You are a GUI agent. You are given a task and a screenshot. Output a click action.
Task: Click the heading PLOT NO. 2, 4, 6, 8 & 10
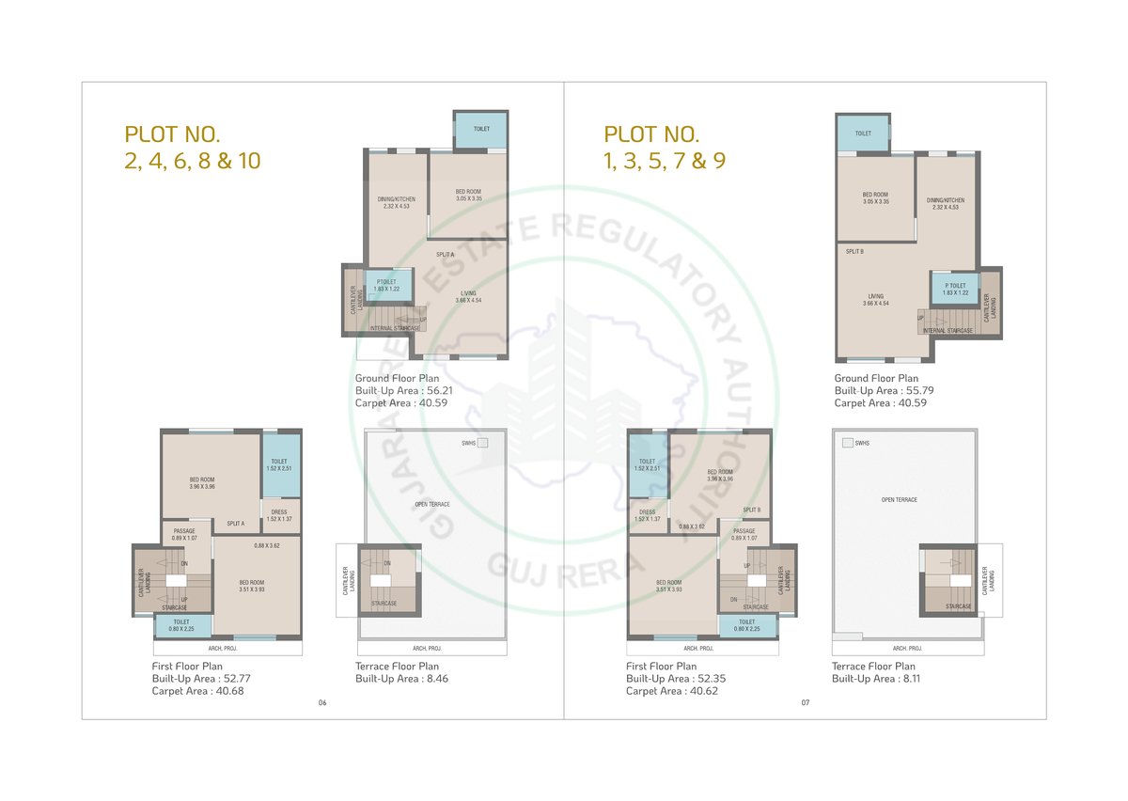pos(192,148)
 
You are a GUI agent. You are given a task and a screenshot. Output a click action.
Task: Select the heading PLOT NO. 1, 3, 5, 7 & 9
pos(664,148)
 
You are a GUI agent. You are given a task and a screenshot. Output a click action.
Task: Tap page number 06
pos(322,703)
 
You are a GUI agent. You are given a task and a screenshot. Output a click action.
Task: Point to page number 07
pos(805,703)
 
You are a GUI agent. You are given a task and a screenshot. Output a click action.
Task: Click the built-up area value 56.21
pos(434,390)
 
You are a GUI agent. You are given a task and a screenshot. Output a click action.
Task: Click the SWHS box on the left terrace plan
pos(482,443)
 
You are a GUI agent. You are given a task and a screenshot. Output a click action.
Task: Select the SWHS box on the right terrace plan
pos(847,443)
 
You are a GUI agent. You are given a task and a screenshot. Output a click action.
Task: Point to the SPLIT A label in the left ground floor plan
pos(445,255)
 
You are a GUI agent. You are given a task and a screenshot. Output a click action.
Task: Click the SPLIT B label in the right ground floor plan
pos(854,251)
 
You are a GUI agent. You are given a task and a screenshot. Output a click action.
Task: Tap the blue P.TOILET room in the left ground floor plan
pos(385,285)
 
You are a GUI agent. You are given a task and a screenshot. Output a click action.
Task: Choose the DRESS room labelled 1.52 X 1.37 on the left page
pos(279,515)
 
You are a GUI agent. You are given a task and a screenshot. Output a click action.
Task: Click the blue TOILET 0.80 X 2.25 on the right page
pos(746,625)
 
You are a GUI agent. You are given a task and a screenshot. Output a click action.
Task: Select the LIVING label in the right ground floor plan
pos(876,299)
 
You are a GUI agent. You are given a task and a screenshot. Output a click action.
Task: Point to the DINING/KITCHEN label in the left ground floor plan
pos(396,201)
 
